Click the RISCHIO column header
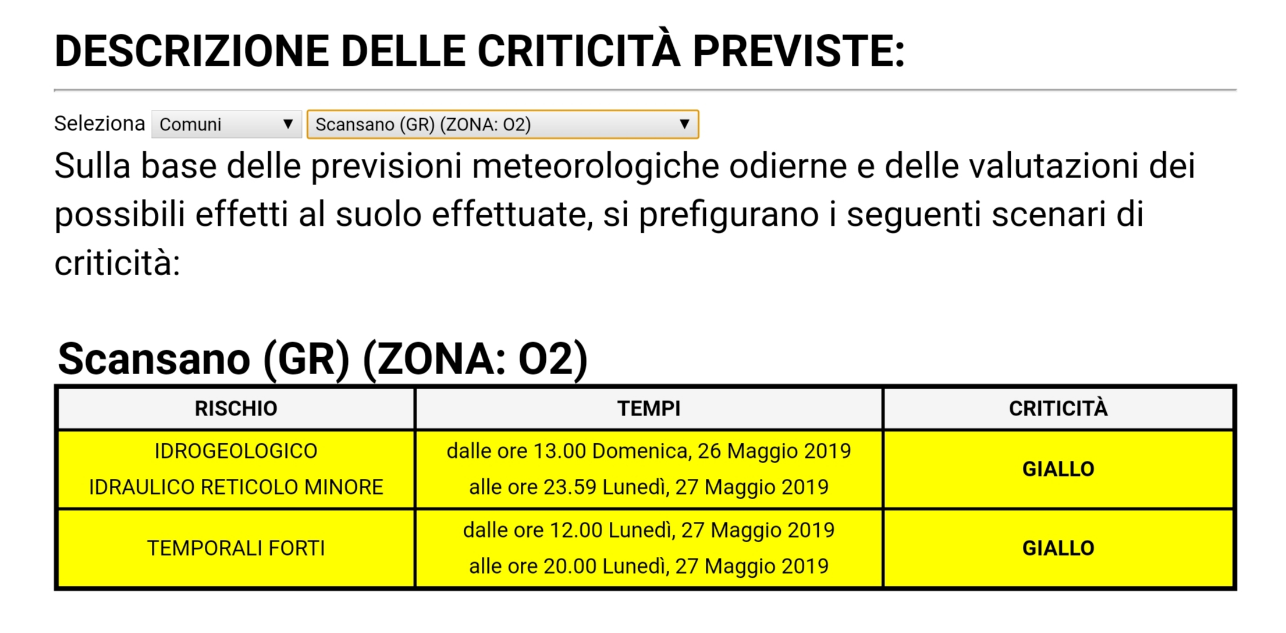click(236, 408)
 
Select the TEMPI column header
click(648, 408)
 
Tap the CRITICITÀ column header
click(1058, 408)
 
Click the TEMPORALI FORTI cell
click(236, 548)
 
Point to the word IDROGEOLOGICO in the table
click(236, 451)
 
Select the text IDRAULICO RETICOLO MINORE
click(236, 487)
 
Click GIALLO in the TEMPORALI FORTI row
click(1058, 548)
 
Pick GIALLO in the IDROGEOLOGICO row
click(1058, 469)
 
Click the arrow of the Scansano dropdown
click(684, 124)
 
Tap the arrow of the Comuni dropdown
click(287, 124)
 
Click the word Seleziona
click(100, 123)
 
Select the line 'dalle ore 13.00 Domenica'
click(648, 451)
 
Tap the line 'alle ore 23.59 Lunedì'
click(648, 487)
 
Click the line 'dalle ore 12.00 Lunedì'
click(648, 530)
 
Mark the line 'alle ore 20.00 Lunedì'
click(648, 566)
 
